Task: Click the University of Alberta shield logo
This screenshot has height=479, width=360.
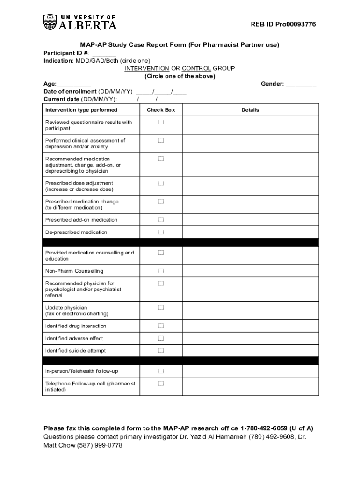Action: (50, 22)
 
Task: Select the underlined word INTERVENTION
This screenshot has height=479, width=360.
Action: (147, 68)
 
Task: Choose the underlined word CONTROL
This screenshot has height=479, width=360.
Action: (196, 68)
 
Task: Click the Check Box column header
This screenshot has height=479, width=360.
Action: (161, 110)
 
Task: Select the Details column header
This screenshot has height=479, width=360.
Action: (250, 110)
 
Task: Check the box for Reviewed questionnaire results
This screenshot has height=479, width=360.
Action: (161, 122)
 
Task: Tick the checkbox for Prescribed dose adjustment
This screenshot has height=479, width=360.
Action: (161, 183)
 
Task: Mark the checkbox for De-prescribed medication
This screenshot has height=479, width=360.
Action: (161, 232)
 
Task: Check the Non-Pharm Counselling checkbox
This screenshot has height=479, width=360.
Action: (161, 271)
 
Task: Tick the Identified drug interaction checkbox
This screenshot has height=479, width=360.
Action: (161, 326)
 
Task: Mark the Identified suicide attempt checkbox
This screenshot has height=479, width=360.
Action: (161, 350)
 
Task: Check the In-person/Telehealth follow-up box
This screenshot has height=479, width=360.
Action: (161, 371)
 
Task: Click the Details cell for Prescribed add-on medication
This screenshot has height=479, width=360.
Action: (250, 220)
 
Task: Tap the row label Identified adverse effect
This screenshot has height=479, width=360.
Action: (74, 338)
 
